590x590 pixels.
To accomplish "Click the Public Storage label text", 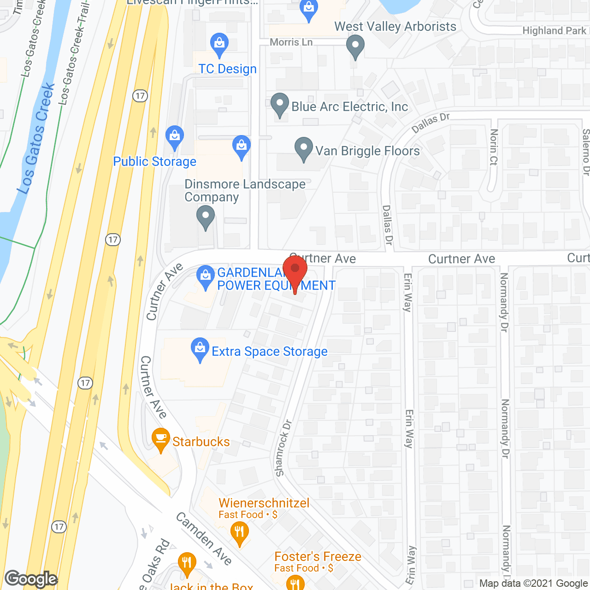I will coord(154,161).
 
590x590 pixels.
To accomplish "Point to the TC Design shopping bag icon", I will coord(219,43).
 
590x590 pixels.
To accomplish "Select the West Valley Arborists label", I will coord(395,27).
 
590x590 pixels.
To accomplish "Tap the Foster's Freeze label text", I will coord(318,556).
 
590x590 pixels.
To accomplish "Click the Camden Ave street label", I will coord(204,538).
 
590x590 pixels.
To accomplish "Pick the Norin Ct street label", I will coord(494,147).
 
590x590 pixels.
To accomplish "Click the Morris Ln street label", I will coord(291,42).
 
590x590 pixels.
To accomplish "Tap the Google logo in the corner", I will coord(31,578).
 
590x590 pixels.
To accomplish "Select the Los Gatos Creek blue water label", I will coord(36,138).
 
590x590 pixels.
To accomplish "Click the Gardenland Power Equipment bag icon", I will coord(205,276).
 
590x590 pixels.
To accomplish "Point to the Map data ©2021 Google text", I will coord(533,584).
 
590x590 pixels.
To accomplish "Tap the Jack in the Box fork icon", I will coord(187,563).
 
